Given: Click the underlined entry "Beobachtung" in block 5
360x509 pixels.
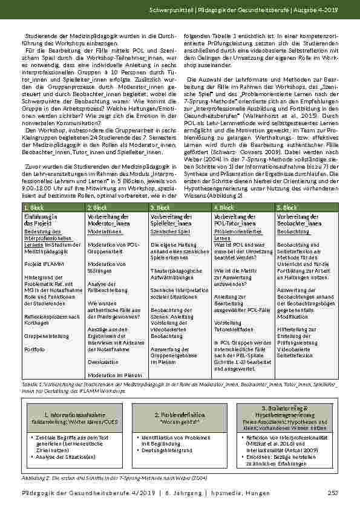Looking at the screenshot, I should (293, 232).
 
